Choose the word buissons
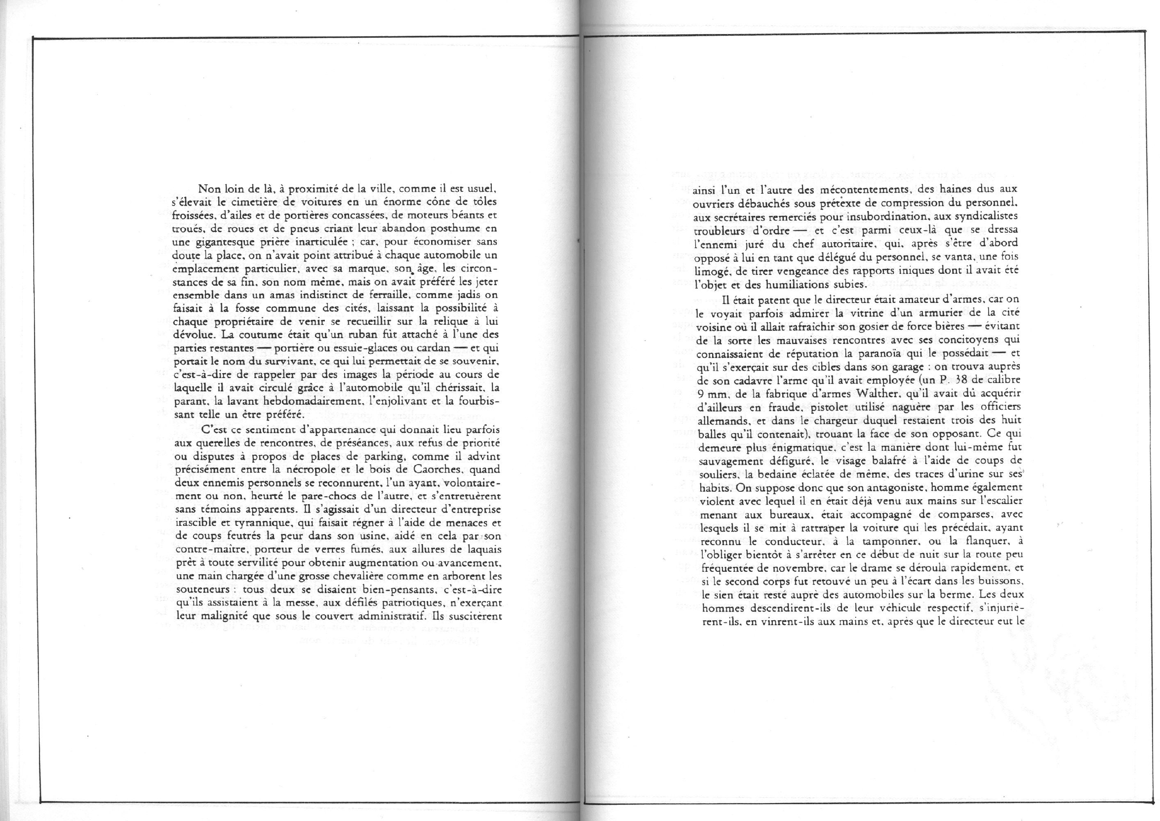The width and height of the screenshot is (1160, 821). tap(1001, 581)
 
